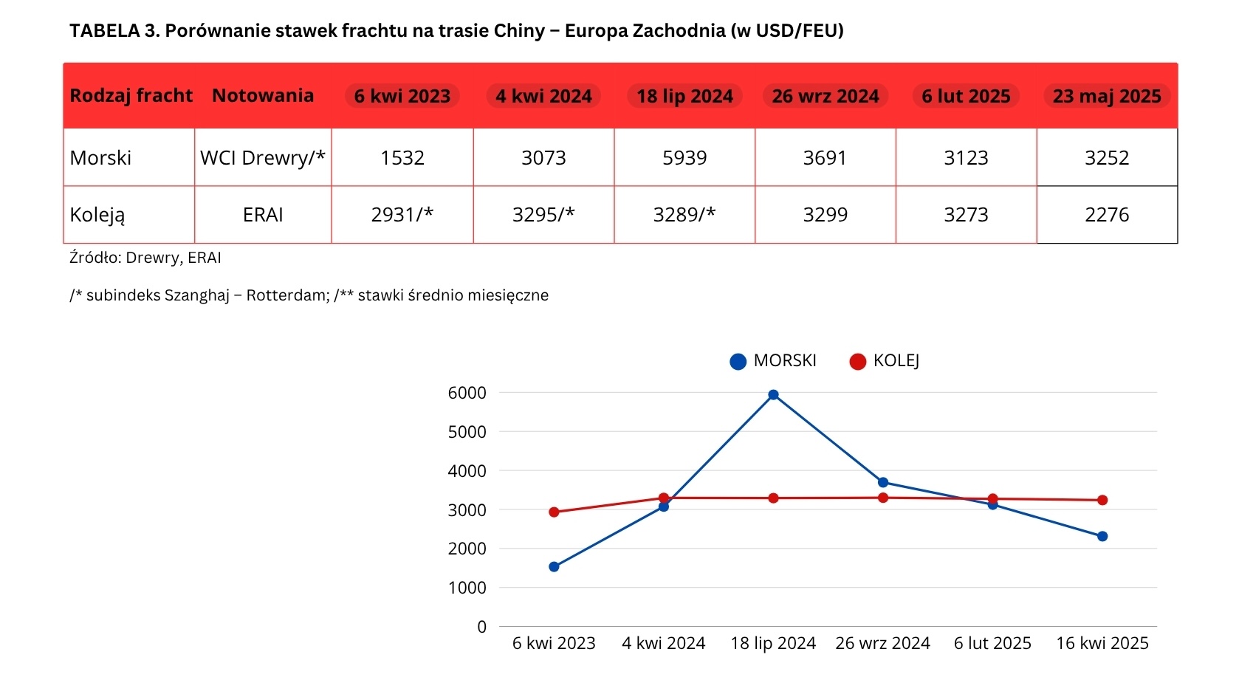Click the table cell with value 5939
[x=684, y=158]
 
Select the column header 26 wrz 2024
[x=826, y=96]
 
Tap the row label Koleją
[x=97, y=215]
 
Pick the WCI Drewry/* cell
[x=263, y=158]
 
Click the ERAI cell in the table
[x=263, y=215]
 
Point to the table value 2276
[x=1107, y=215]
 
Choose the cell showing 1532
[x=402, y=158]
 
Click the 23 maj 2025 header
[x=1107, y=96]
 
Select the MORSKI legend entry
[x=773, y=361]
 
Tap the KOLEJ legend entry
[x=885, y=361]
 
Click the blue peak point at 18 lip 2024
[x=773, y=395]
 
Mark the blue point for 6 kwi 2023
[x=554, y=567]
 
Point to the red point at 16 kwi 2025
[x=1102, y=500]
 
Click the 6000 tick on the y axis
[x=467, y=393]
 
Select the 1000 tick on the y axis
[x=467, y=588]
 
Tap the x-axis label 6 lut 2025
[x=992, y=643]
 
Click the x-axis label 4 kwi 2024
[x=663, y=643]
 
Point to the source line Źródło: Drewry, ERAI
[x=145, y=258]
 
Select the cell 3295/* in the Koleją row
[x=543, y=215]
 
